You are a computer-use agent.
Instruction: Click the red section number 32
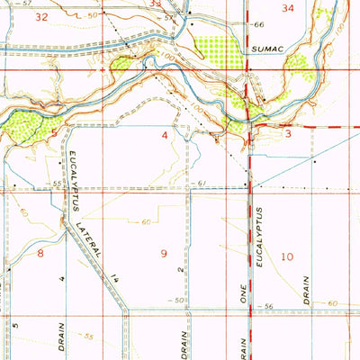tap(40, 17)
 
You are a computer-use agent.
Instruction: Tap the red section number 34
tap(288, 8)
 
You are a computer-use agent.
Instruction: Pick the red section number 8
tap(40, 255)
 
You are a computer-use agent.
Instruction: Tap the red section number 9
tap(165, 254)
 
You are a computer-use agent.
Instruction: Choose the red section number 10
tap(286, 256)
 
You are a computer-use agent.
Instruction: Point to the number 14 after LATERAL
tap(115, 282)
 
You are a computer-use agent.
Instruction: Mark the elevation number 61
tap(202, 184)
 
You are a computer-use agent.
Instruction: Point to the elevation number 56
tap(267, 308)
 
